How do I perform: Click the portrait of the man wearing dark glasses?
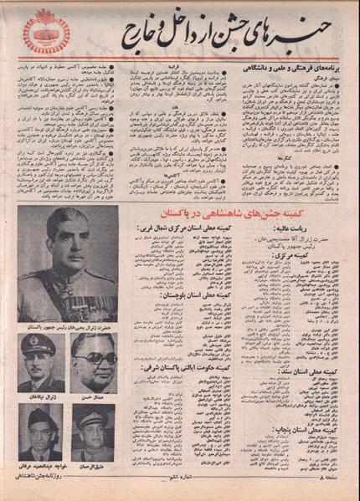[x=93, y=361]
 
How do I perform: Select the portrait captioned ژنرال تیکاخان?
[x=41, y=361]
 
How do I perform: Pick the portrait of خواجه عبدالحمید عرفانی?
[x=40, y=431]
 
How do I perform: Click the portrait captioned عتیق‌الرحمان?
[x=93, y=431]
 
